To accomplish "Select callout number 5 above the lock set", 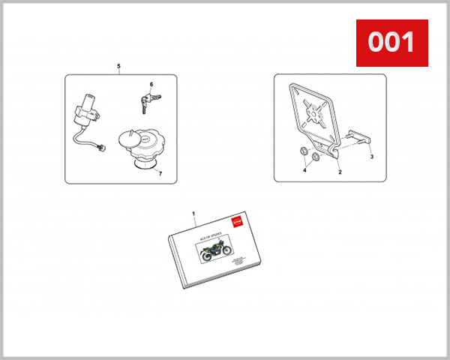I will (x=118, y=67).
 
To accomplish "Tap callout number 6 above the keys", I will (x=151, y=84).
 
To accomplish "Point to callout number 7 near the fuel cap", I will (x=159, y=172).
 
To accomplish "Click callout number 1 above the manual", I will (x=193, y=214).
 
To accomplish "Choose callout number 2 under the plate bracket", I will (x=339, y=172).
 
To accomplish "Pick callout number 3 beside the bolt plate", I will (x=371, y=158).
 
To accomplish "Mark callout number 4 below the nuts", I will (x=304, y=171).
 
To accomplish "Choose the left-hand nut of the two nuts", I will (x=301, y=155).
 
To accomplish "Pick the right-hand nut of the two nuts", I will (x=315, y=159).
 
